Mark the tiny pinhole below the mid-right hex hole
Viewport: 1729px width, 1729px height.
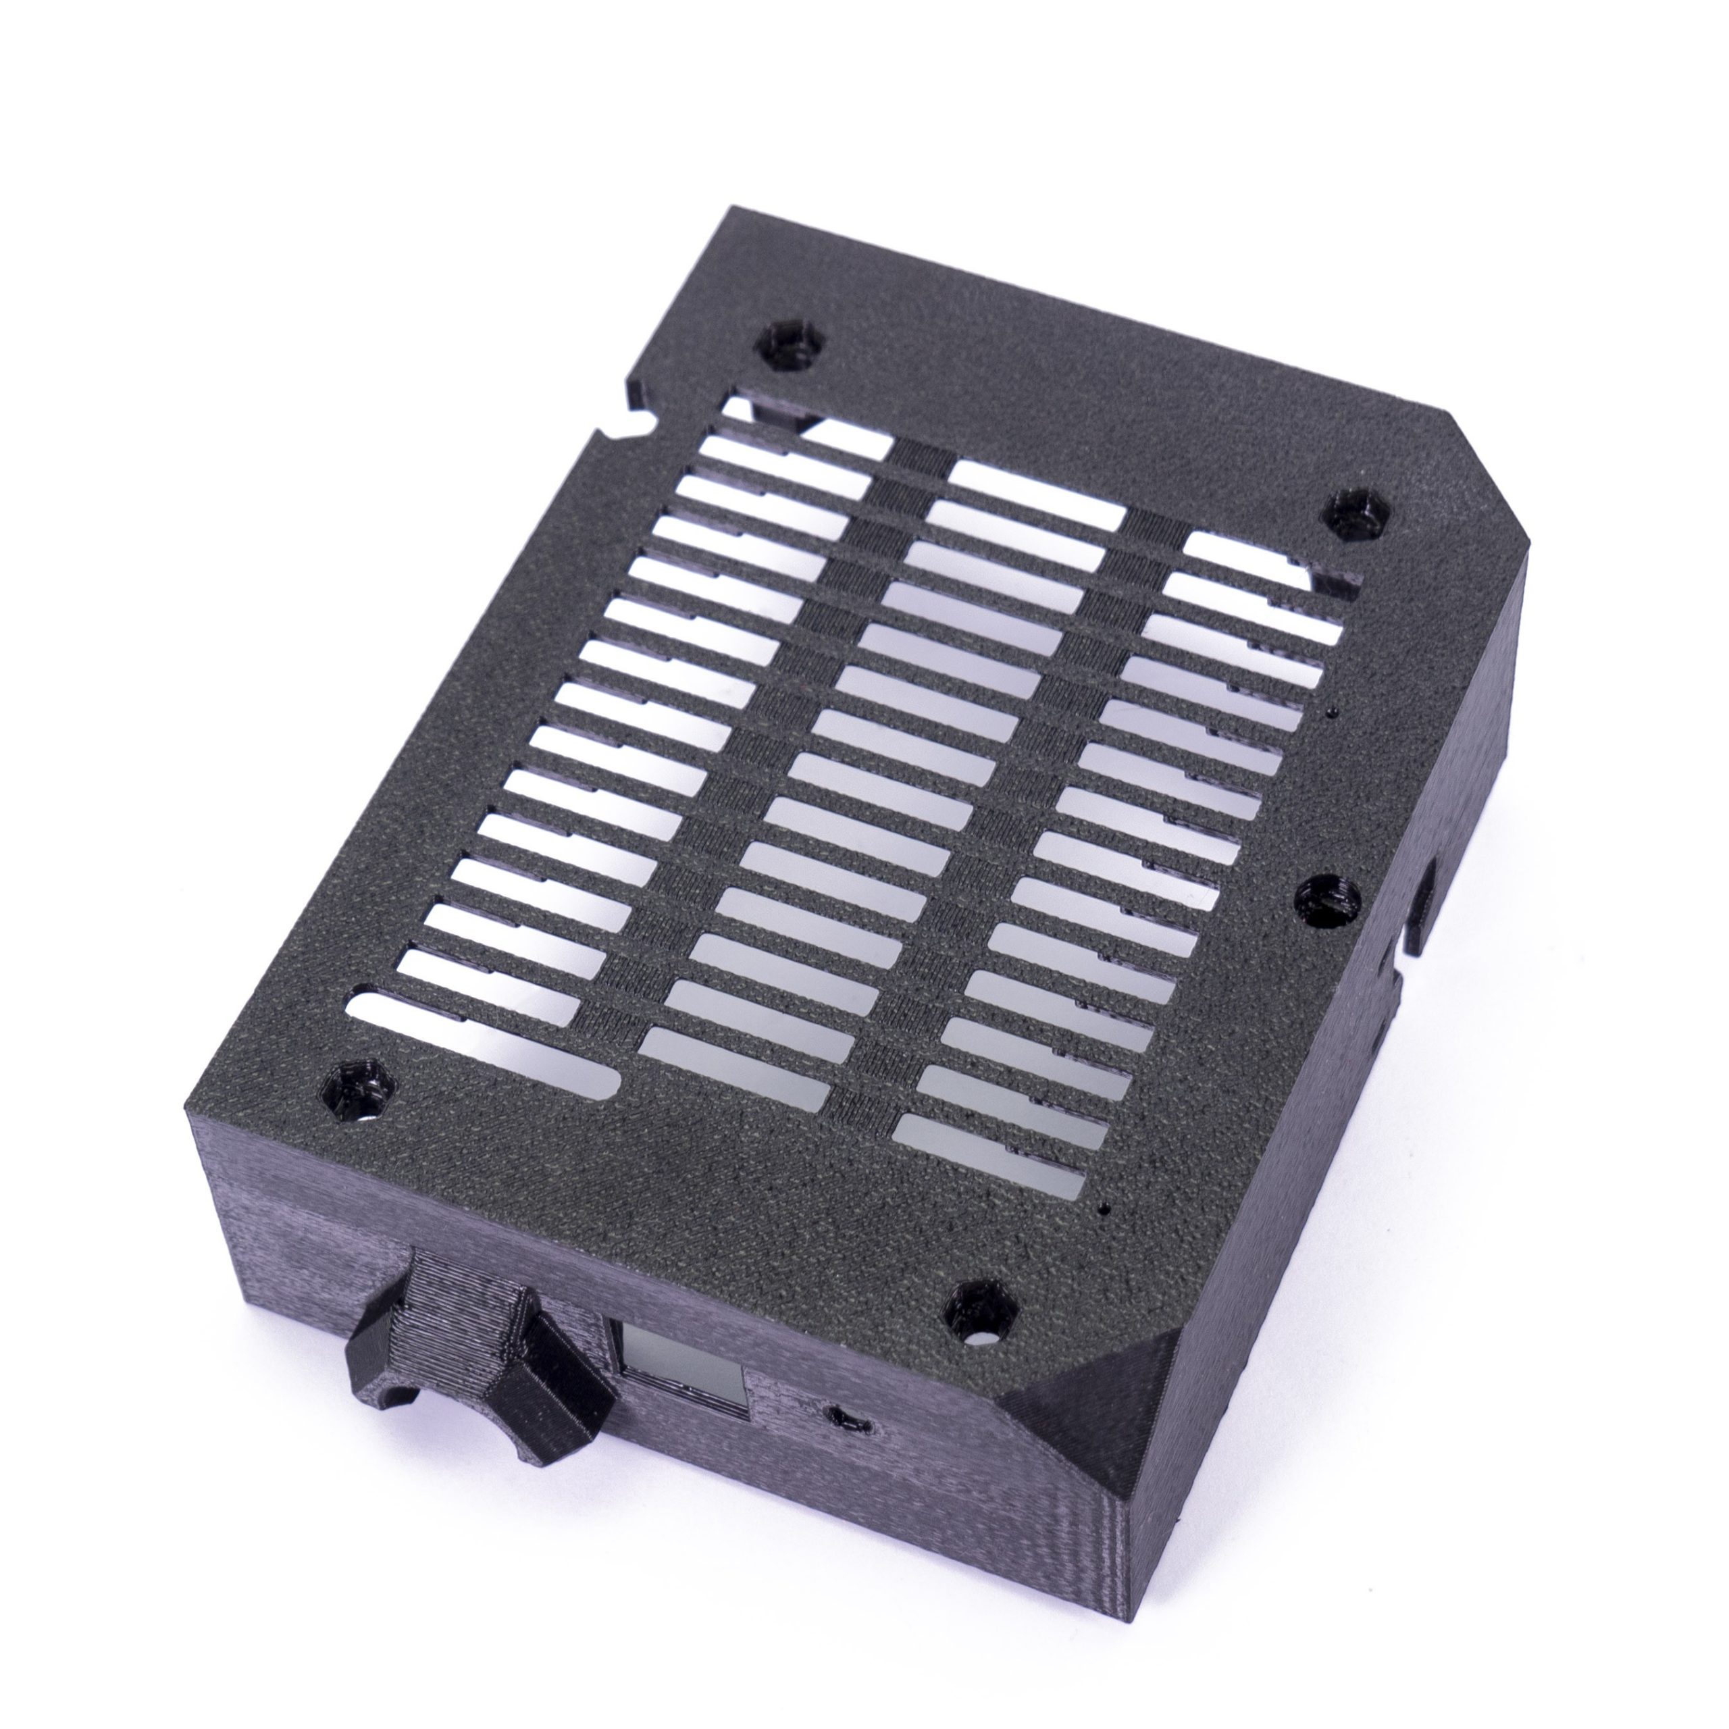point(1330,713)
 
